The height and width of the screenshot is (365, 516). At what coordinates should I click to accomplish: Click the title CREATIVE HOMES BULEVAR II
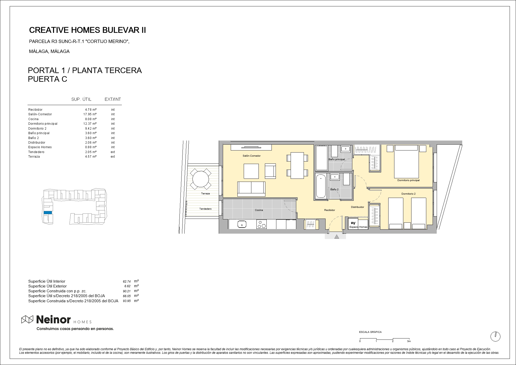(x=87, y=30)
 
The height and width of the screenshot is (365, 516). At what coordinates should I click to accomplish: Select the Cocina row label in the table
(x=33, y=119)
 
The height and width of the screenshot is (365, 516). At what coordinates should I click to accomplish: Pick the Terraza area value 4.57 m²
(x=91, y=157)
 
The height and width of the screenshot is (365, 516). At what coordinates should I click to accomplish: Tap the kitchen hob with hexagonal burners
(x=262, y=224)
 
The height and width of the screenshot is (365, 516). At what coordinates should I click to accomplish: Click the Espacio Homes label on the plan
(x=358, y=227)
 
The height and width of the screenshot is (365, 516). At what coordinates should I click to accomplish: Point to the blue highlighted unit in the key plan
(x=48, y=212)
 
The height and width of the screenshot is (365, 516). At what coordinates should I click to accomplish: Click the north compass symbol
(x=495, y=336)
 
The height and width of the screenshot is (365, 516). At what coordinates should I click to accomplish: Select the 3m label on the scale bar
(x=409, y=341)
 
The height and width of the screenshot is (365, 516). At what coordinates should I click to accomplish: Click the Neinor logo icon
(x=27, y=319)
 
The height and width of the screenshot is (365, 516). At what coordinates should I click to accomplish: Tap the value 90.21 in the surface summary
(x=127, y=291)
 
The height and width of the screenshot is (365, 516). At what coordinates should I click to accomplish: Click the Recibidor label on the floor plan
(x=329, y=210)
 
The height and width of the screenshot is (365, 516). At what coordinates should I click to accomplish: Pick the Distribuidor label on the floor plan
(x=357, y=207)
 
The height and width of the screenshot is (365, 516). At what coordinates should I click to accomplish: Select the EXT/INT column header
(x=113, y=99)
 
